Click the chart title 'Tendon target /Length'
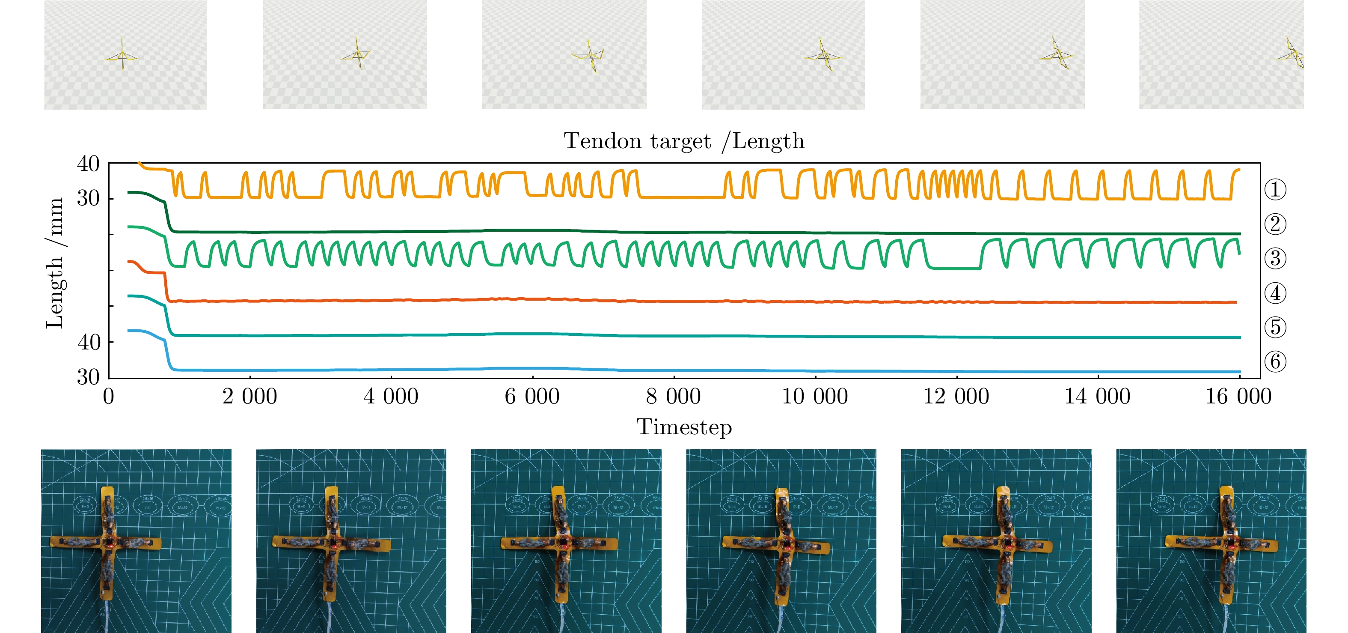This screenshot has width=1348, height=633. (x=683, y=141)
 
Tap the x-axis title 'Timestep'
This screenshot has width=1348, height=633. (x=683, y=427)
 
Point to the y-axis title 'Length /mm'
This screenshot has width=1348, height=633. (x=54, y=263)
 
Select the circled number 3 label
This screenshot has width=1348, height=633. (x=1275, y=259)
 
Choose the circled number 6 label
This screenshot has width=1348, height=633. (x=1275, y=362)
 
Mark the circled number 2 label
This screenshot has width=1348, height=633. (x=1275, y=224)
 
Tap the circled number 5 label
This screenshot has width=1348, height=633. (x=1275, y=327)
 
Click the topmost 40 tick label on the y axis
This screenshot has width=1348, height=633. (x=88, y=164)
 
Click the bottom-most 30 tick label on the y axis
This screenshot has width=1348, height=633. (x=88, y=377)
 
